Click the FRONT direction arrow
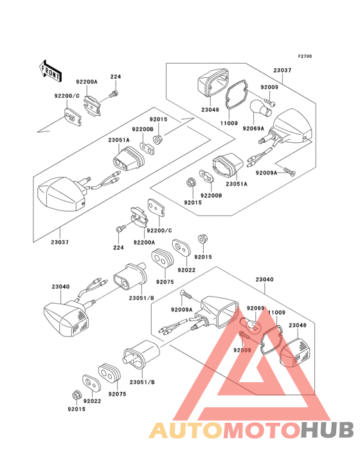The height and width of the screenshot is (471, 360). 50,71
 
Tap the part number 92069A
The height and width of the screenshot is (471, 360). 253,129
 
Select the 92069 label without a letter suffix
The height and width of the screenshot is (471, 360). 255,308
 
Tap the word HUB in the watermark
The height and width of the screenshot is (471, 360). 327,430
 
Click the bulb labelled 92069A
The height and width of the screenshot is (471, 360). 261,109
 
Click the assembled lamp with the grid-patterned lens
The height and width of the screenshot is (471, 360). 67,318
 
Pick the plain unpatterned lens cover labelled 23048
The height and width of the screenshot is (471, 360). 213,82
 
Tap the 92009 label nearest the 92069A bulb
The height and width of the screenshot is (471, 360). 269,87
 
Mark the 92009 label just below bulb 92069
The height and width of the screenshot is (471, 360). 242,350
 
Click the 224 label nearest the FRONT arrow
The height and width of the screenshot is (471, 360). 116,77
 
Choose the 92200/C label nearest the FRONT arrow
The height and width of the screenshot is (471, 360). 67,96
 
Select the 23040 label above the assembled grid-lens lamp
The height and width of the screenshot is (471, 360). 60,286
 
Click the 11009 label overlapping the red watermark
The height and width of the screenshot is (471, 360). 276,313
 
